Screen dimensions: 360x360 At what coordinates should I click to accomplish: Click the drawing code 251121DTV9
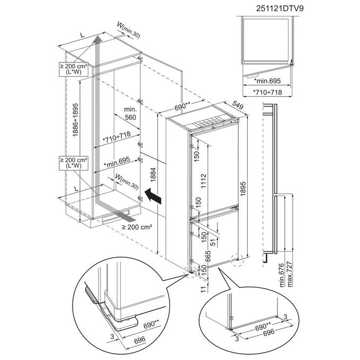(x=280, y=8)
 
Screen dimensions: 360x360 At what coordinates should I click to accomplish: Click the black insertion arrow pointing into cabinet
(x=153, y=195)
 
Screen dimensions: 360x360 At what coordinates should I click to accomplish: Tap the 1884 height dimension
(x=153, y=175)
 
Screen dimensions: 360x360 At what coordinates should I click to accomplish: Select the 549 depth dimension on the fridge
(x=237, y=105)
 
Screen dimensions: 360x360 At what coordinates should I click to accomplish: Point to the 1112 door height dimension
(x=204, y=181)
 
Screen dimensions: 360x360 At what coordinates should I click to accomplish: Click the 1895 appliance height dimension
(x=243, y=188)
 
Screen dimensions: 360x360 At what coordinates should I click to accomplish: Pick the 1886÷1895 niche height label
(x=76, y=120)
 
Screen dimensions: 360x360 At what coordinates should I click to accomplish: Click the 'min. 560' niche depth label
(x=130, y=113)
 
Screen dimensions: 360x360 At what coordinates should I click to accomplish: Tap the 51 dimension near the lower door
(x=213, y=242)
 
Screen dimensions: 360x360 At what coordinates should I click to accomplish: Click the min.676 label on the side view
(x=282, y=275)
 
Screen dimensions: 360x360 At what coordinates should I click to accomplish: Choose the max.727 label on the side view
(x=290, y=274)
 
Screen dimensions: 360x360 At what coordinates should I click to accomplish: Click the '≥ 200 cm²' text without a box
(x=137, y=227)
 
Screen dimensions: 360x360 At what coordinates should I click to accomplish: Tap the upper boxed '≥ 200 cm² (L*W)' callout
(x=74, y=69)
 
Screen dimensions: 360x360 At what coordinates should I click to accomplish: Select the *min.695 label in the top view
(x=267, y=80)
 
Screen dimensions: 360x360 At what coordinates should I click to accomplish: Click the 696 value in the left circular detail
(x=140, y=339)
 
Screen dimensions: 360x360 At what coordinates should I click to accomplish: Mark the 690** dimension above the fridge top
(x=183, y=106)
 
